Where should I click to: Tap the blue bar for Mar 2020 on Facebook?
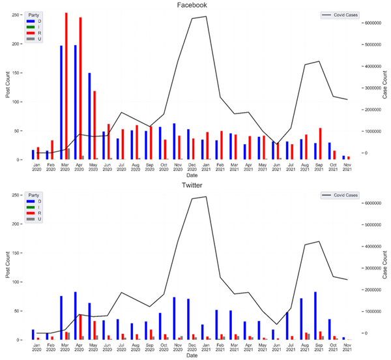[x=61, y=102]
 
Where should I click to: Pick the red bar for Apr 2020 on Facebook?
[x=80, y=89]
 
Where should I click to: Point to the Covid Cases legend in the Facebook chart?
[x=340, y=14]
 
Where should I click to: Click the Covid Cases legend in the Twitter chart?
[x=340, y=196]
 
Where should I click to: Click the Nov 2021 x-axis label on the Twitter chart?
[x=347, y=349]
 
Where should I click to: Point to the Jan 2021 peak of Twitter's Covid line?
[x=206, y=196]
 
